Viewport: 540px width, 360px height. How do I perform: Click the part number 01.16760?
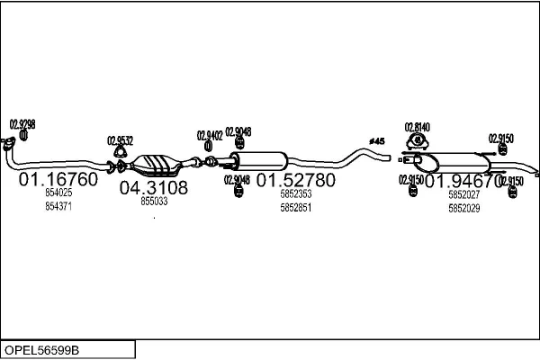[x=58, y=179]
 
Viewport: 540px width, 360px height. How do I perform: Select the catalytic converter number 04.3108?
[x=154, y=187]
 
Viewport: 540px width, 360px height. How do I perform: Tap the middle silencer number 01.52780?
[x=296, y=179]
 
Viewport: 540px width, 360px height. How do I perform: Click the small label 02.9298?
[x=22, y=124]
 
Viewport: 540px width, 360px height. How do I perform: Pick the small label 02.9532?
[x=120, y=140]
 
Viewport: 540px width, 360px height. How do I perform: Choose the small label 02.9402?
[x=210, y=135]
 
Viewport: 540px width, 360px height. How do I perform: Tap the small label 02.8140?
[x=417, y=127]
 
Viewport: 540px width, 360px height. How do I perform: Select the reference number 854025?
[x=58, y=193]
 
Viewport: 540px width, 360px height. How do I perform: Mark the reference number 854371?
[x=58, y=206]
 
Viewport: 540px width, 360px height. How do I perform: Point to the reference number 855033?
[x=154, y=202]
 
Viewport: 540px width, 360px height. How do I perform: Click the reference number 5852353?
[x=296, y=193]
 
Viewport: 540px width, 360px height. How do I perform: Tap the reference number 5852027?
[x=464, y=193]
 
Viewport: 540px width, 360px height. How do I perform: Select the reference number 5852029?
[x=464, y=207]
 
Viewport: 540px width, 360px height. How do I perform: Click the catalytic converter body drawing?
[x=157, y=166]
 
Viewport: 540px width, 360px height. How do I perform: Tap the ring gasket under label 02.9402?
[x=209, y=148]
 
